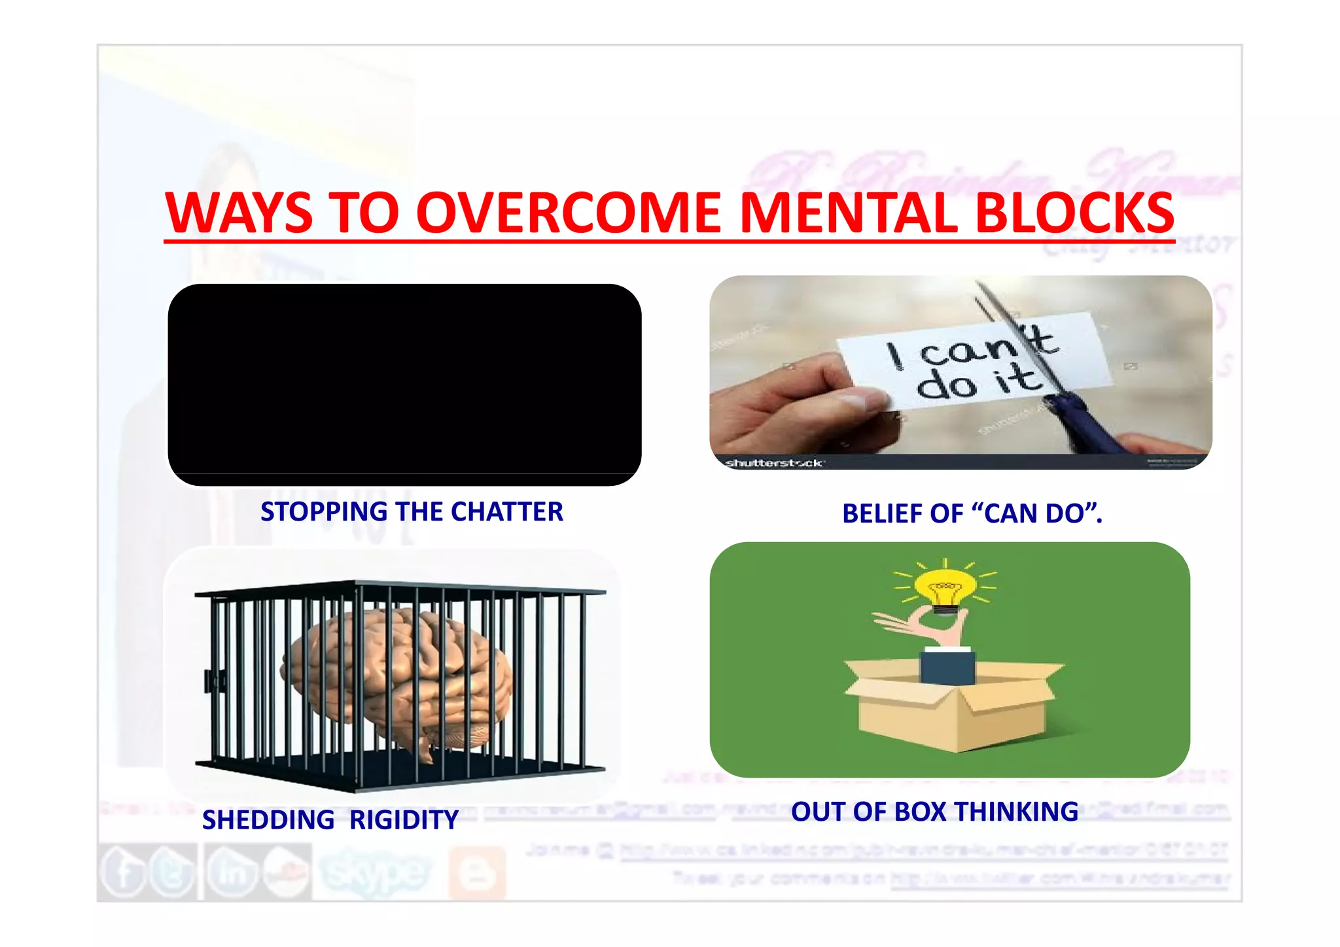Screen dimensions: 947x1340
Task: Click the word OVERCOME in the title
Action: coord(568,213)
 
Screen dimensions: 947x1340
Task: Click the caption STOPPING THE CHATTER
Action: coord(412,511)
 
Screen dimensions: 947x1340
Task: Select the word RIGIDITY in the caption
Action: coord(404,820)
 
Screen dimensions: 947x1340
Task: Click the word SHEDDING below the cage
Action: coord(268,820)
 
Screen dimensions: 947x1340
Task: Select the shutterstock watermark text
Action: coord(774,463)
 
